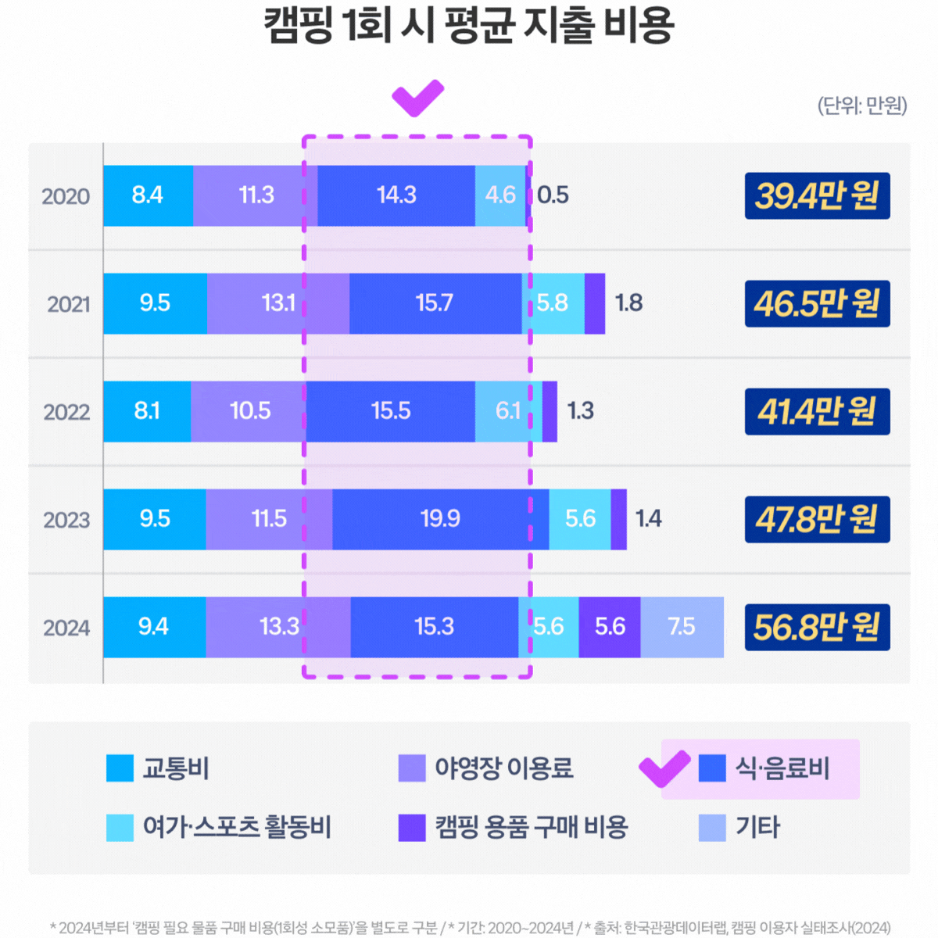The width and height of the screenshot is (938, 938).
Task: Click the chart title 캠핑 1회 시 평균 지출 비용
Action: pos(468,27)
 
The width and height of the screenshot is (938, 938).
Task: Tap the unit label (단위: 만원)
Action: pos(862,106)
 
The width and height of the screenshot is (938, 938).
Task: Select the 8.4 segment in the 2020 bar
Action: pos(148,195)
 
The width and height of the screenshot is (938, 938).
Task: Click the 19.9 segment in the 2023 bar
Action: pos(440,519)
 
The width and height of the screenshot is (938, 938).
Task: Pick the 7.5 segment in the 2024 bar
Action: pos(682,627)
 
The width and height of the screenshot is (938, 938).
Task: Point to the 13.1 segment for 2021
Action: pos(278,303)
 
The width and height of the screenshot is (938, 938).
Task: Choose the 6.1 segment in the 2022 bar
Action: pos(507,411)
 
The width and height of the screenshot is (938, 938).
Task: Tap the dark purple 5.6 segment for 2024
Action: pos(610,627)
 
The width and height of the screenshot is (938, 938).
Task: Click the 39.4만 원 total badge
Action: pos(817,195)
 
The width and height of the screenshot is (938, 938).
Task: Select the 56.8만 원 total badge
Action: pos(817,627)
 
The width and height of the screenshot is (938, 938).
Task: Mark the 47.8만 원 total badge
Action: pos(817,519)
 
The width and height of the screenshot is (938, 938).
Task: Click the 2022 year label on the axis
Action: pos(66,412)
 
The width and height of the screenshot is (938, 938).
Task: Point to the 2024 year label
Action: pos(66,628)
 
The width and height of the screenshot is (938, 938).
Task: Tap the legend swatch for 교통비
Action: pos(120,768)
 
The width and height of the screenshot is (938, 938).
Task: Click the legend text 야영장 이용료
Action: pos(504,768)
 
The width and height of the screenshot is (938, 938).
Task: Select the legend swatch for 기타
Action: pos(712,828)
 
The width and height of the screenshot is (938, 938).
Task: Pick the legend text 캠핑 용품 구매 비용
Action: pos(532,828)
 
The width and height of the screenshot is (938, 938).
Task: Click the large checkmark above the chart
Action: pos(417,98)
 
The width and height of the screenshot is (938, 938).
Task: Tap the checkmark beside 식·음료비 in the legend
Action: pos(664,768)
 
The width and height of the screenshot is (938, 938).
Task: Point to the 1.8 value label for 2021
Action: pos(628,303)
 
